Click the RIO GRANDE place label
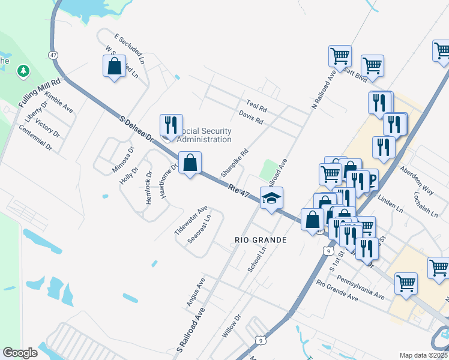260,240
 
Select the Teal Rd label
256,106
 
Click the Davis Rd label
251,117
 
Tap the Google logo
20,353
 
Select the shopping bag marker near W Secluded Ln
114,66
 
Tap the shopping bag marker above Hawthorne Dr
190,163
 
